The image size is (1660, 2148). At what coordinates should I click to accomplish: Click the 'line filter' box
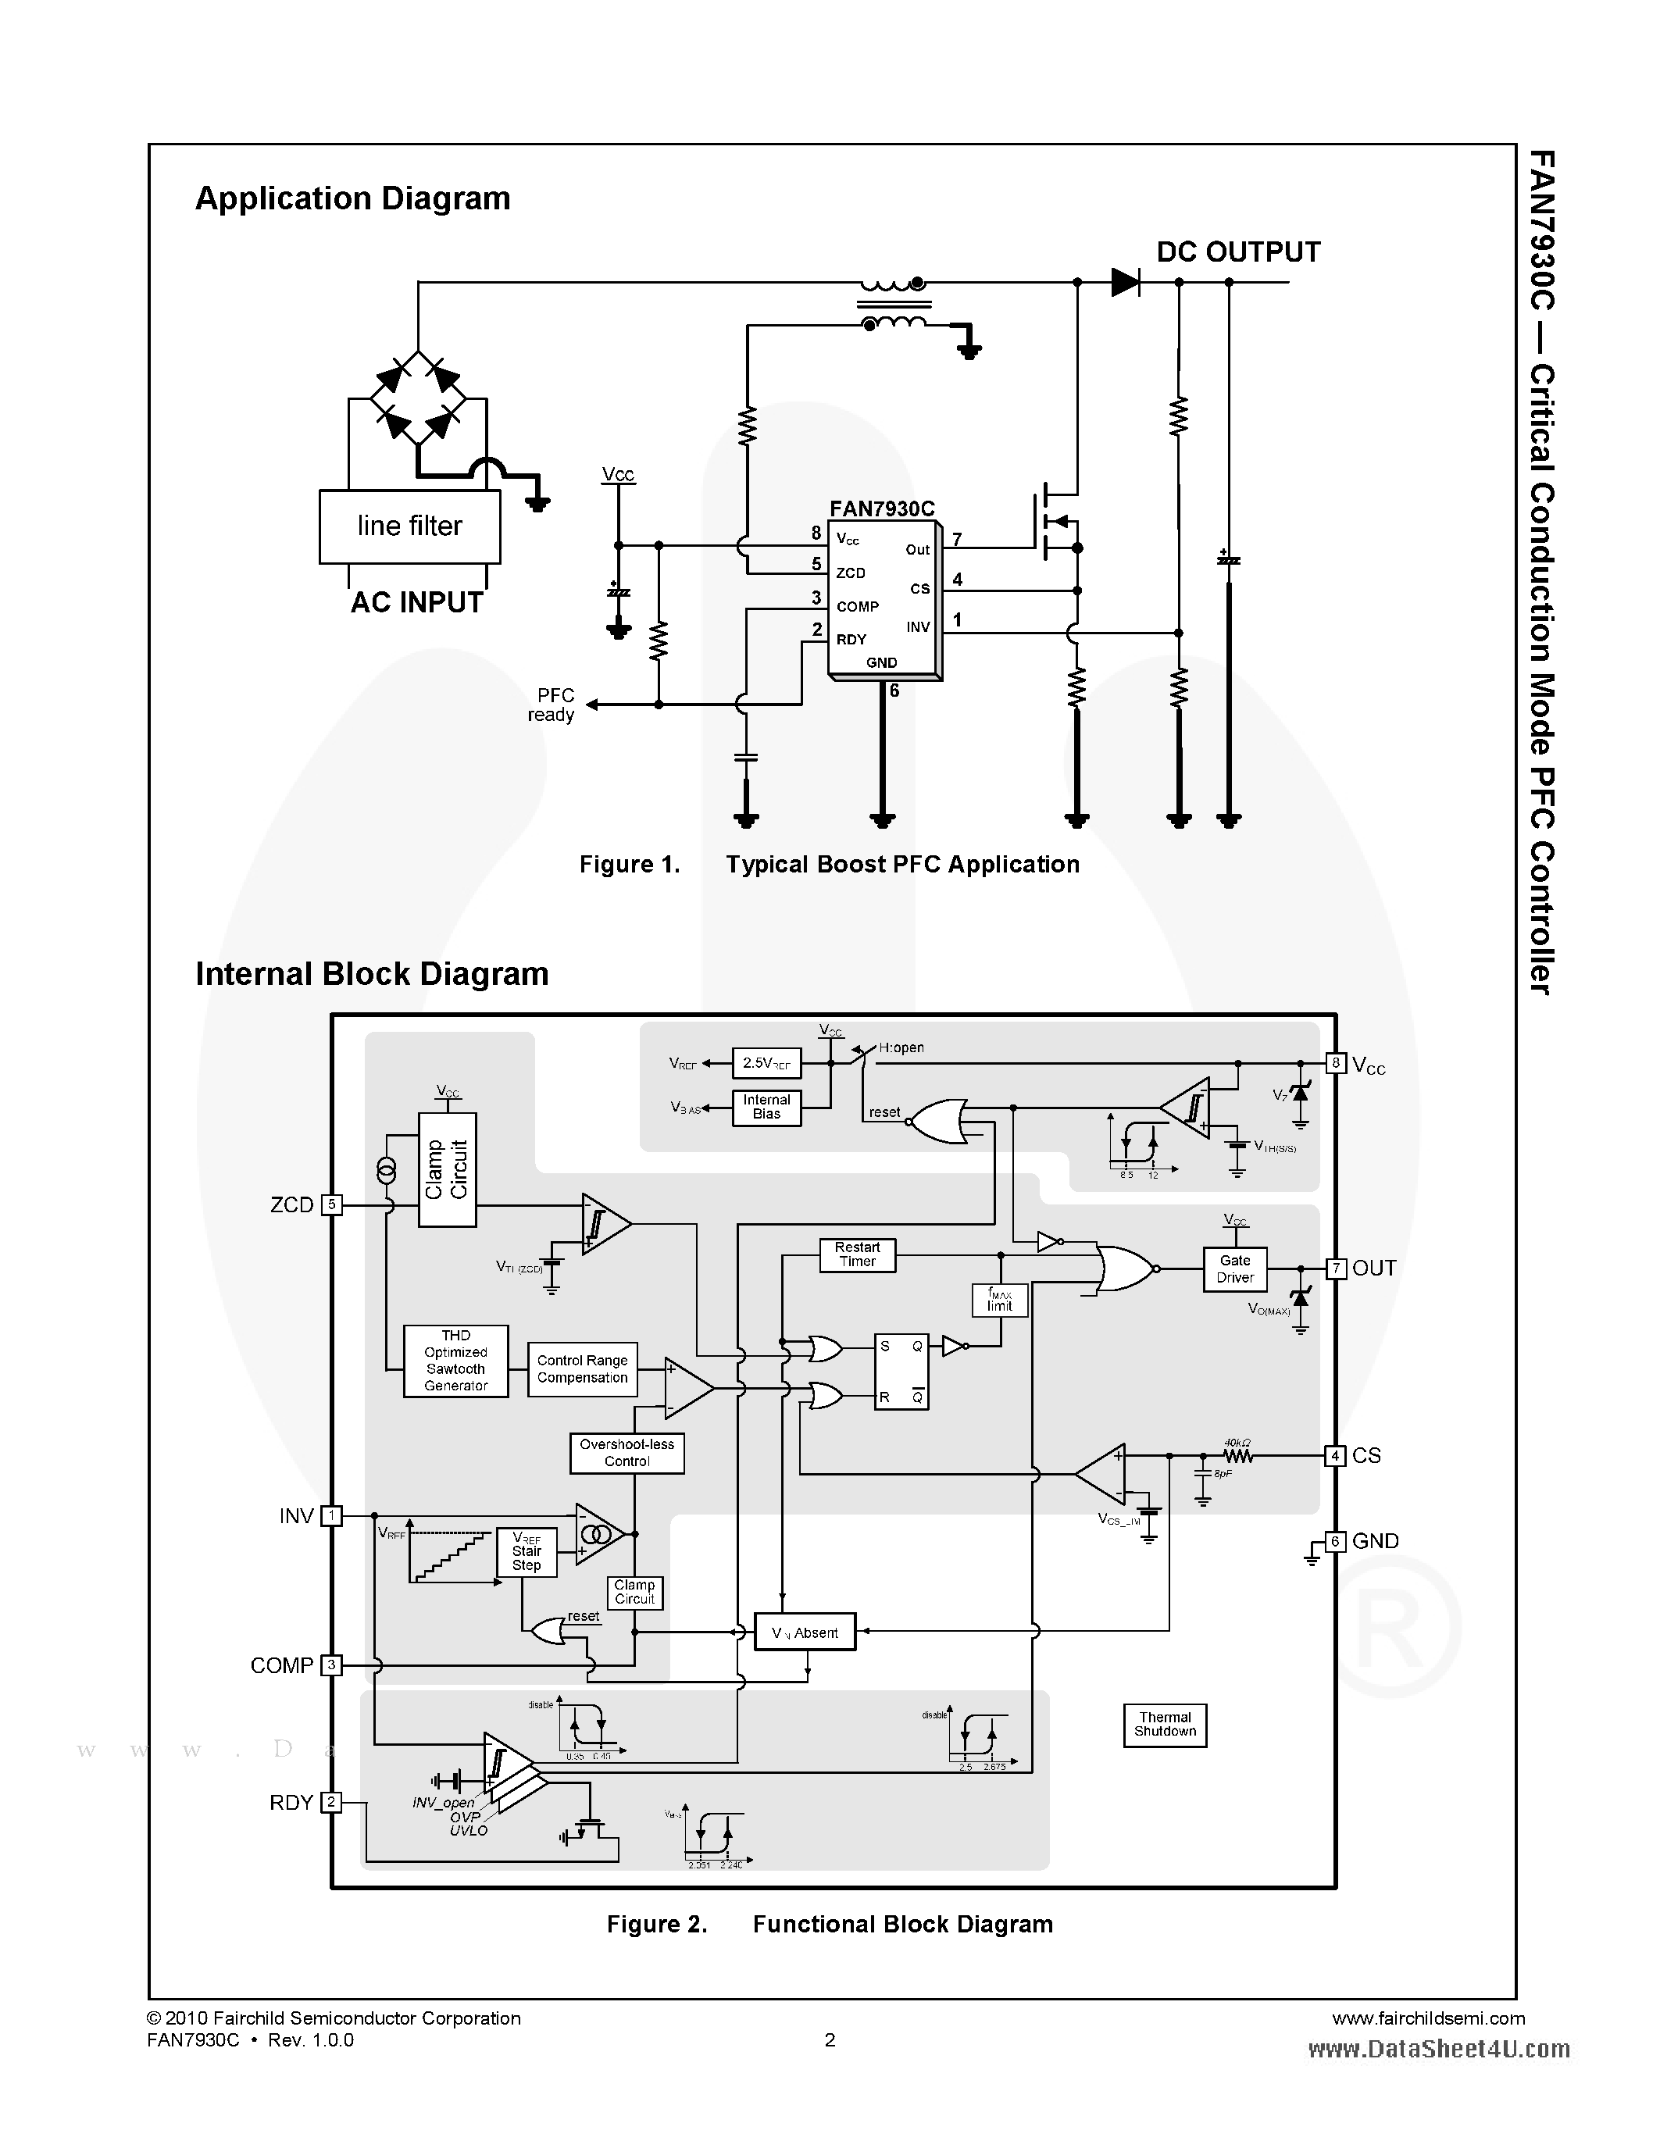tap(409, 526)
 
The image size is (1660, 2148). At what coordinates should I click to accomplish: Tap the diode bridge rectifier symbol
tap(418, 399)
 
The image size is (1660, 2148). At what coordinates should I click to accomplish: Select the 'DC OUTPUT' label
tap(1238, 252)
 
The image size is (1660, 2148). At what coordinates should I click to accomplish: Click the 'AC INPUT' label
tap(417, 602)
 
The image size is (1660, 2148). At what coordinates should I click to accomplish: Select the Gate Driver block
tap(1234, 1268)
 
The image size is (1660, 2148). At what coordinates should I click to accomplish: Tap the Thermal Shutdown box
tap(1165, 1724)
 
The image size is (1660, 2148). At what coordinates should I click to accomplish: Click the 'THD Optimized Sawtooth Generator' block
tap(455, 1360)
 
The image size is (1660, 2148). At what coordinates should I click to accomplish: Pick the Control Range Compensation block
tap(582, 1369)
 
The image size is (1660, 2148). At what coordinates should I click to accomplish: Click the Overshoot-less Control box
tap(627, 1453)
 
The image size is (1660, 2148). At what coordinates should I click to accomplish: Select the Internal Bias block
tap(766, 1108)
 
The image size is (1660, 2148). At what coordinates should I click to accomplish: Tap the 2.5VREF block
tap(766, 1063)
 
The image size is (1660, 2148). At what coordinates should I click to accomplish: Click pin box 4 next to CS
tap(1334, 1456)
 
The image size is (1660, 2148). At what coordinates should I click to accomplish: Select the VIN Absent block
tap(805, 1632)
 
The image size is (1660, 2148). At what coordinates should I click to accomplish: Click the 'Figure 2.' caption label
tap(657, 1925)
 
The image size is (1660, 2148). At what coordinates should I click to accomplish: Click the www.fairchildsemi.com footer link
tap(1428, 2018)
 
